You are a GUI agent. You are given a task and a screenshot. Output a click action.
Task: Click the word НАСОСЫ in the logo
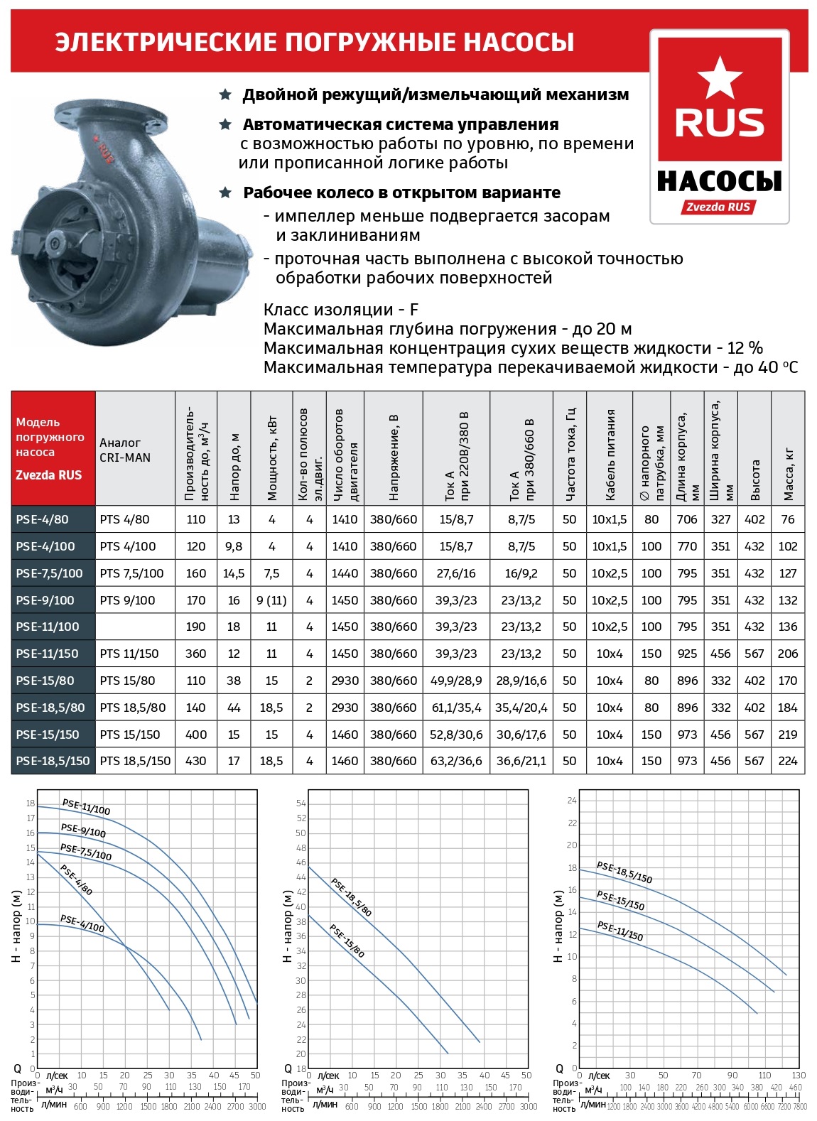point(719,181)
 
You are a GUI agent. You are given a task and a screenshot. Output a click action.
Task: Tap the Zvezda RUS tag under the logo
point(718,207)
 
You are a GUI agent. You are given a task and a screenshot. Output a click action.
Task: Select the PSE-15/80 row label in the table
point(45,681)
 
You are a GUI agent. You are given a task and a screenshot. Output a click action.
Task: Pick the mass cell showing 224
point(788,761)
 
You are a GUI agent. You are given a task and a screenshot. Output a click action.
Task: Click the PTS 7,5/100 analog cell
point(132,573)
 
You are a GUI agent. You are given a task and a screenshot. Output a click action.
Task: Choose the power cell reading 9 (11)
point(271,600)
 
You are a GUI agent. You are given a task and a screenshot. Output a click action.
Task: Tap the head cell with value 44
point(234,708)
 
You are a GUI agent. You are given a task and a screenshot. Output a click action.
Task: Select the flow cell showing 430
point(195,761)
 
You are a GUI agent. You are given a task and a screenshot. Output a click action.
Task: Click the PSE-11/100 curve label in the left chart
point(86,807)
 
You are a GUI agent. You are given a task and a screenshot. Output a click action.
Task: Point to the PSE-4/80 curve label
point(76,880)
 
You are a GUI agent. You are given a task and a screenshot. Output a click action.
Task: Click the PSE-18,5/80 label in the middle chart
point(351,897)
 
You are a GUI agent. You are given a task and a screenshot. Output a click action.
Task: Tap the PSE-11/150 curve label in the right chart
point(619,931)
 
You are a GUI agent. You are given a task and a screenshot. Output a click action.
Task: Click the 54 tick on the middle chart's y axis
point(301,803)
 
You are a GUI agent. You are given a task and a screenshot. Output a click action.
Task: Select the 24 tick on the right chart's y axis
point(572,801)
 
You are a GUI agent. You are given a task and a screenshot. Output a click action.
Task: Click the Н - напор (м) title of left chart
point(16,927)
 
